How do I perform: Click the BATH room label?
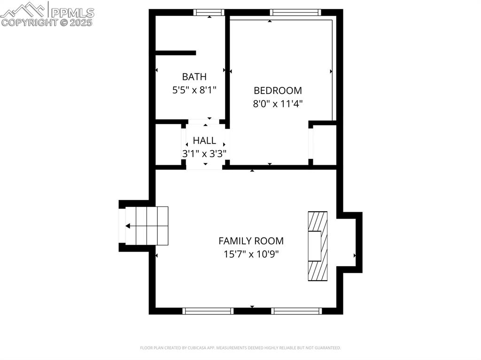[194, 77]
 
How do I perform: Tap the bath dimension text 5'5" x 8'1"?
[194, 90]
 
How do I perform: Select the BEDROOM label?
[278, 91]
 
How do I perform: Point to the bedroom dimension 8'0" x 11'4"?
[278, 104]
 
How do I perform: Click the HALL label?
[204, 140]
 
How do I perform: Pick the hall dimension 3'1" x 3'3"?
[204, 153]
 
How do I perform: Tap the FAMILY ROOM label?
[251, 241]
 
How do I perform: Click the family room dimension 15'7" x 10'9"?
[251, 254]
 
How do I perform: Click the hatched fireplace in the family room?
[317, 246]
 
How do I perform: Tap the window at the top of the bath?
[209, 13]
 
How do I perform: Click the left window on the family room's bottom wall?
[208, 311]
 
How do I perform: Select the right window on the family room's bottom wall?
[296, 311]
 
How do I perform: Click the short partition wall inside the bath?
[175, 53]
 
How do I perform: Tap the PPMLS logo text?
[72, 12]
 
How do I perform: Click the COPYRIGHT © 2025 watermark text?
[47, 22]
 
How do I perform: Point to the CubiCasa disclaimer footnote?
[240, 348]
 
